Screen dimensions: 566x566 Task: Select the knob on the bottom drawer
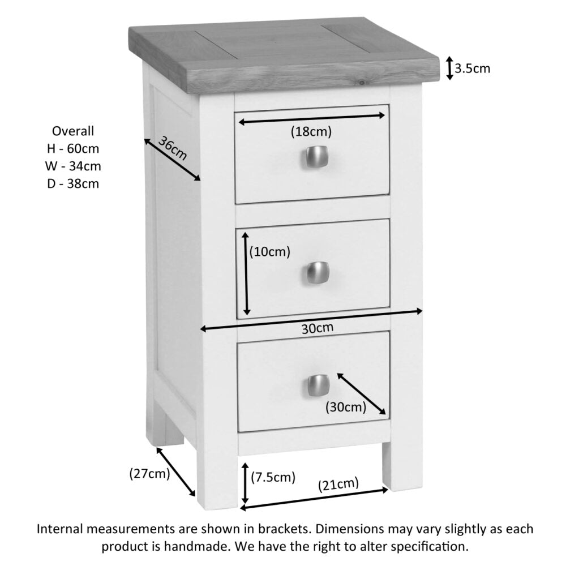[318, 385]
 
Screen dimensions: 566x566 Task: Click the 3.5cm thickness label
[473, 69]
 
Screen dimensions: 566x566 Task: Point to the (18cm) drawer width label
[311, 132]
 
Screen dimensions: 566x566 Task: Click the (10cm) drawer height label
[270, 252]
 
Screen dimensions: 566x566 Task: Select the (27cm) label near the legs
[149, 474]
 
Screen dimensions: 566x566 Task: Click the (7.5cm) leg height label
[273, 477]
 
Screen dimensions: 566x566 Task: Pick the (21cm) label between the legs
[338, 484]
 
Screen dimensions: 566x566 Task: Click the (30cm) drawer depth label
[345, 406]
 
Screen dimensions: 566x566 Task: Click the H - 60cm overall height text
[73, 149]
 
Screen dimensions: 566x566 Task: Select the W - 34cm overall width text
[73, 166]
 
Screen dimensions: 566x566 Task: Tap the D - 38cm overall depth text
[73, 183]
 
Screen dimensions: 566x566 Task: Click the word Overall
[73, 131]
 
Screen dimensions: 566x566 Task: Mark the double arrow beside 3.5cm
[449, 68]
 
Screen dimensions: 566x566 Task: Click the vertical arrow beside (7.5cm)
[245, 483]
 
